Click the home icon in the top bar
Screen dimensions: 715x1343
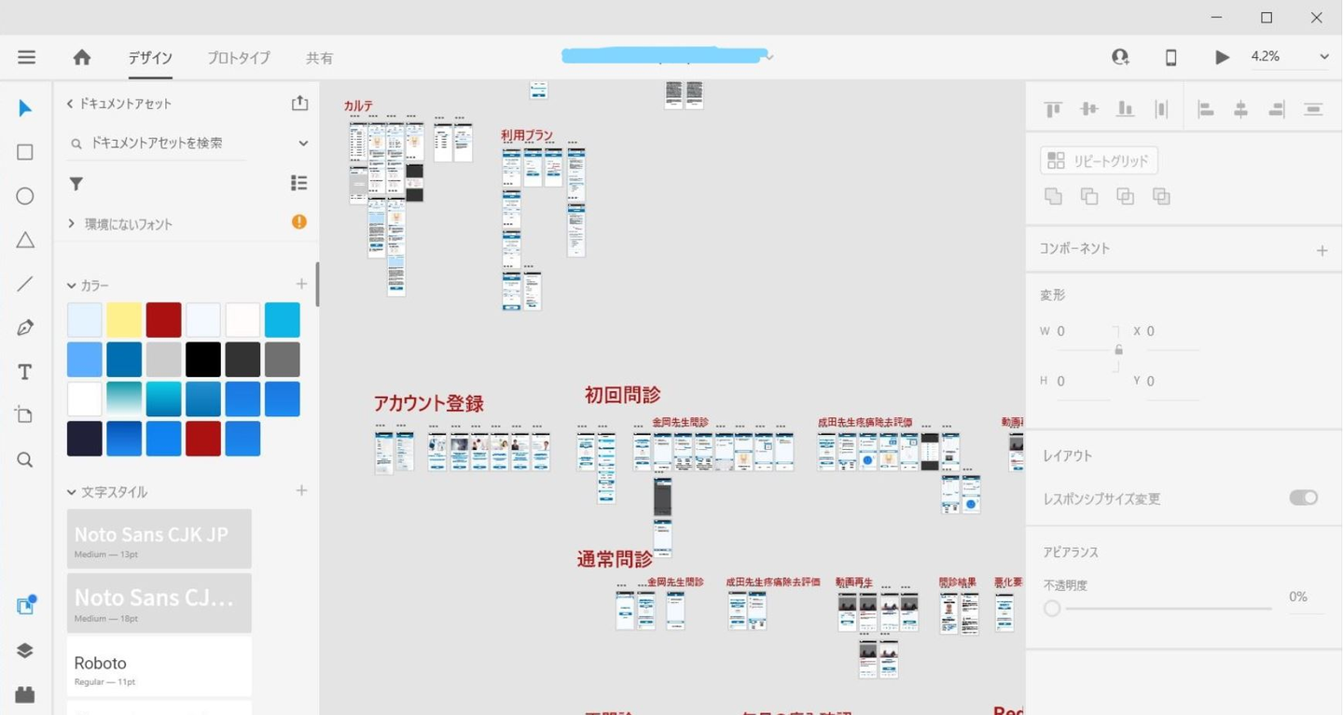point(82,58)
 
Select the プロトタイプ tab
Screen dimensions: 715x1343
point(239,58)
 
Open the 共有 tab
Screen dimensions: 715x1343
point(319,58)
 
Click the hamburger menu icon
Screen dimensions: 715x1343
point(26,58)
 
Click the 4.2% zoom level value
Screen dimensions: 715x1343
point(1266,57)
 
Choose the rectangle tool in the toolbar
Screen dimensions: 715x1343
point(25,152)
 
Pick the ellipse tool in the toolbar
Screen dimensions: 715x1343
point(25,196)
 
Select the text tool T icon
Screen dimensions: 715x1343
point(25,372)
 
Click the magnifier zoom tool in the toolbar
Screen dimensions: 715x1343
point(25,460)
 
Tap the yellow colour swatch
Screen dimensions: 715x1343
point(124,320)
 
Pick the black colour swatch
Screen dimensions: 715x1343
point(202,359)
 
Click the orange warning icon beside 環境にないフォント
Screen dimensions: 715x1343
point(299,222)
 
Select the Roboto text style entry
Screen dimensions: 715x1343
point(159,667)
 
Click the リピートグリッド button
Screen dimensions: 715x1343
point(1099,161)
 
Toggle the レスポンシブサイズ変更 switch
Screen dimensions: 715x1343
point(1303,498)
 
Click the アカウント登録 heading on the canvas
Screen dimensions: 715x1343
point(429,404)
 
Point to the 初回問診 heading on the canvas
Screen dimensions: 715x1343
point(623,395)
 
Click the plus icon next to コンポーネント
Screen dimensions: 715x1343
point(1322,250)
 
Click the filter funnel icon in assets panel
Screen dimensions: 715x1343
point(76,184)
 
